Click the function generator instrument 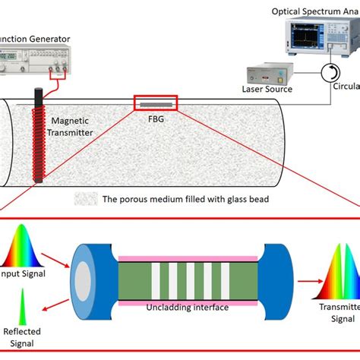click(35, 60)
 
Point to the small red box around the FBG click(156, 103)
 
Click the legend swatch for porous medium click(86, 200)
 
